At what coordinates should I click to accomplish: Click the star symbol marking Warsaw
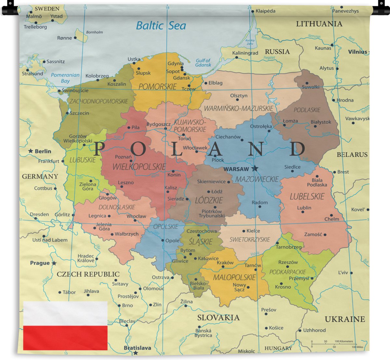click(255, 168)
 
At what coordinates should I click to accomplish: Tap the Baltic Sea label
click(161, 26)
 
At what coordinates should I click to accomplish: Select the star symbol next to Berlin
click(31, 151)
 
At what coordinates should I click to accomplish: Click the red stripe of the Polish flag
click(65, 338)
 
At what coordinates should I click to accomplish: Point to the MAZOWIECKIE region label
click(257, 179)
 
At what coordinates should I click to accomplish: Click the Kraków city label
click(225, 263)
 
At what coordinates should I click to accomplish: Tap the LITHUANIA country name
click(319, 24)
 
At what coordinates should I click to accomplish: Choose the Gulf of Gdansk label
click(203, 63)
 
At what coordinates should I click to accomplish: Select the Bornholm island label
click(94, 32)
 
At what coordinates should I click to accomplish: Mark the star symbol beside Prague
click(54, 263)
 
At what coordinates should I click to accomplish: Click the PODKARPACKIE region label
click(288, 272)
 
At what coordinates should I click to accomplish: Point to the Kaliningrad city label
click(245, 53)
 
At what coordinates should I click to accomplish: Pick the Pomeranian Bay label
click(65, 78)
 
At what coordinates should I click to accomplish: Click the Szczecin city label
click(79, 113)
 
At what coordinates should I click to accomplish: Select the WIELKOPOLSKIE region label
click(139, 167)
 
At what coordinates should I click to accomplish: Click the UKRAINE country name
click(345, 319)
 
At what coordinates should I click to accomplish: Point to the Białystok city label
click(321, 122)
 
